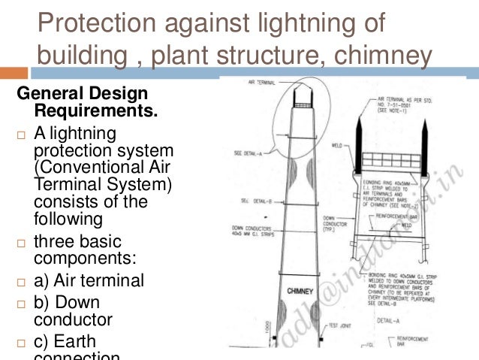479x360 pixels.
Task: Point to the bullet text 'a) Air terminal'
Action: pos(89,281)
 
